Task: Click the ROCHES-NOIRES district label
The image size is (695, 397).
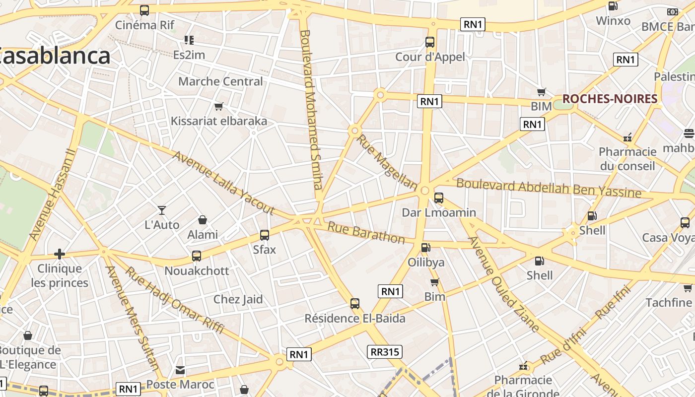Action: [610, 99]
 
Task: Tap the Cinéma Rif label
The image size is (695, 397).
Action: [144, 25]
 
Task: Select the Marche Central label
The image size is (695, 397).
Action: [220, 81]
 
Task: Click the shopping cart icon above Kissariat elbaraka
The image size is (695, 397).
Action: [218, 106]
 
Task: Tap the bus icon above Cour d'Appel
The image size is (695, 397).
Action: [430, 42]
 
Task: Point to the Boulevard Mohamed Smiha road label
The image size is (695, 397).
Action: [311, 110]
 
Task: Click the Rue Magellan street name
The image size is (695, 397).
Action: [387, 162]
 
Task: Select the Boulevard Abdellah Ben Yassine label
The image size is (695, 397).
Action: [549, 188]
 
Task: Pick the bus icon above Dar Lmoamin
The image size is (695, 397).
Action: [439, 198]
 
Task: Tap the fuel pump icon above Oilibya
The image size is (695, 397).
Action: [425, 247]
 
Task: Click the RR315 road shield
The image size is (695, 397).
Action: [385, 352]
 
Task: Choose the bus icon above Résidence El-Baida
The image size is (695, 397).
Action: [355, 304]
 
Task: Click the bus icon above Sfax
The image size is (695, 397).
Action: [265, 235]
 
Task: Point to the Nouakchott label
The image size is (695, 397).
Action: [197, 271]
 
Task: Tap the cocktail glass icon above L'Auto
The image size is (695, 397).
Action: [161, 210]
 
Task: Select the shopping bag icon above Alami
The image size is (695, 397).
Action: [203, 220]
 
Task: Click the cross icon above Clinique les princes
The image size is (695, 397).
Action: [60, 255]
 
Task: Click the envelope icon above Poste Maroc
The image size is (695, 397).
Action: [180, 370]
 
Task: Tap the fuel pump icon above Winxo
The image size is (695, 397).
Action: [613, 6]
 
